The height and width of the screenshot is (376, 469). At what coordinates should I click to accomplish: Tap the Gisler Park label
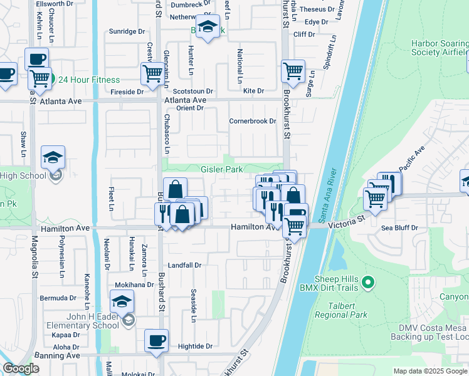(221, 170)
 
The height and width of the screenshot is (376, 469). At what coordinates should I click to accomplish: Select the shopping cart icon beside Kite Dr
(293, 71)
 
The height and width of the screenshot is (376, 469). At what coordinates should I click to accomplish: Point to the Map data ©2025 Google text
(430, 371)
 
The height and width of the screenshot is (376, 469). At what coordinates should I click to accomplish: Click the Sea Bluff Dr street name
(399, 228)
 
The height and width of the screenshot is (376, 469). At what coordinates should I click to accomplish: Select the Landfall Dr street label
(184, 265)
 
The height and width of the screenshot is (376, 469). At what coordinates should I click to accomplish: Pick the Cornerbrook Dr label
(252, 121)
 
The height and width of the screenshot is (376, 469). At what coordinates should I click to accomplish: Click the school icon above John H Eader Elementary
(122, 302)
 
